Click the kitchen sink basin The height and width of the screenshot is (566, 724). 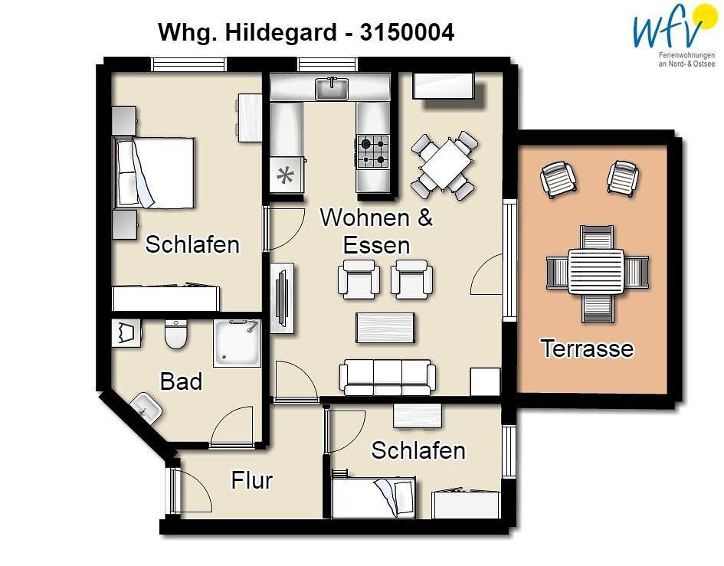coord(332,89)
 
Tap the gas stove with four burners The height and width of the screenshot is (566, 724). coord(373,152)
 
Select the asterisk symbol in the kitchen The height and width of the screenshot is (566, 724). coord(285,175)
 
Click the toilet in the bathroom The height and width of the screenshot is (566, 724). coord(176,334)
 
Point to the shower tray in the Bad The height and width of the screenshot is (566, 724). coord(238,343)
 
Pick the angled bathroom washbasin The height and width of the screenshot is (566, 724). coord(146,408)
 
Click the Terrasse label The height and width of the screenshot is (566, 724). coord(588,348)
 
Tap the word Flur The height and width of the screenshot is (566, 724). coord(251,480)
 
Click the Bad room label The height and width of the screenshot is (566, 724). coord(181,381)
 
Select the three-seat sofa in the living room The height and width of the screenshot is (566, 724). coord(388,377)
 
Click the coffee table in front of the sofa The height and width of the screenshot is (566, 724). coord(385,328)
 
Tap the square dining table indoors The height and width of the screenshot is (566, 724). coord(444,165)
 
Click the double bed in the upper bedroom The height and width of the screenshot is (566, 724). coord(154,172)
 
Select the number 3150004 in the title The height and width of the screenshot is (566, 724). coord(407,32)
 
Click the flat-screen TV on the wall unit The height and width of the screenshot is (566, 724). coord(282,297)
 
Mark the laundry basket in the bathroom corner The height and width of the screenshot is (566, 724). coord(126,333)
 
